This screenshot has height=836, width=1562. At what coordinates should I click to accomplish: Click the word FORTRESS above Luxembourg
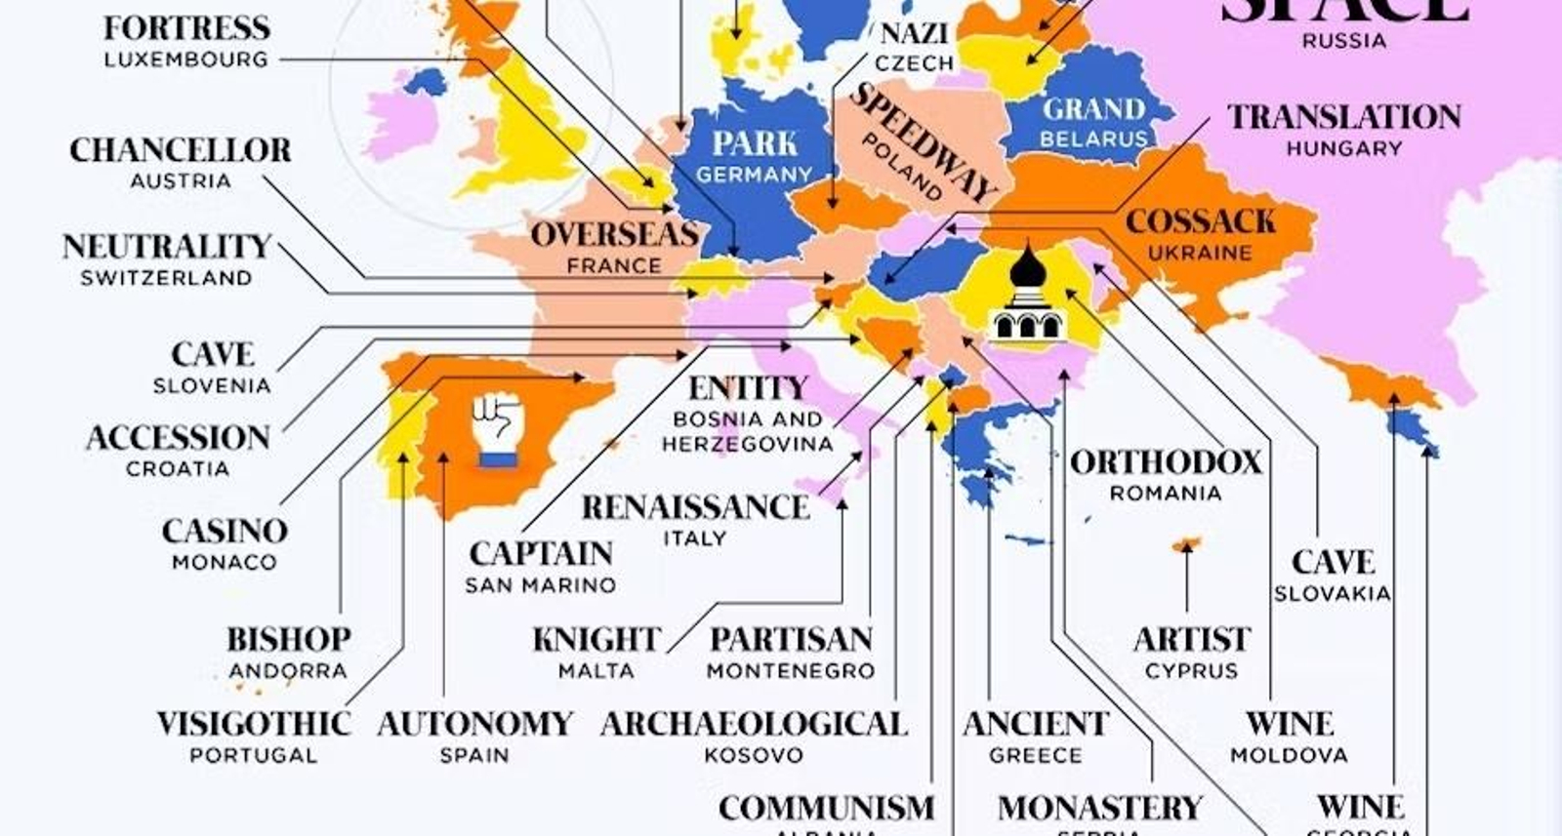click(186, 28)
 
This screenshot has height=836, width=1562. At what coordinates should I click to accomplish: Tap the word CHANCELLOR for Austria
click(181, 150)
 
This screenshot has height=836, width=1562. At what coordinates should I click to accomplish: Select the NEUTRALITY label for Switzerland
click(167, 246)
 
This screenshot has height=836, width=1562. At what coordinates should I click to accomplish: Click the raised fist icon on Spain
click(497, 429)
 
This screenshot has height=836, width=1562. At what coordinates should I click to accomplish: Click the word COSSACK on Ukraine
click(1200, 221)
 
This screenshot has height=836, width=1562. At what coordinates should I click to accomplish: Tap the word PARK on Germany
click(755, 143)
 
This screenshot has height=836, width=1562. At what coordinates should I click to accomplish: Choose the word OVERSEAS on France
click(614, 234)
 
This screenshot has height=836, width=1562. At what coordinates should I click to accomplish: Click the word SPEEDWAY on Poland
click(924, 141)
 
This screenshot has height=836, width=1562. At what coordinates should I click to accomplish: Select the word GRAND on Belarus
click(1092, 108)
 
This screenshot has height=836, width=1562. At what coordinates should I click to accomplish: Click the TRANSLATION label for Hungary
click(1344, 117)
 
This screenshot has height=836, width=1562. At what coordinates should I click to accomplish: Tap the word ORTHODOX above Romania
click(1166, 461)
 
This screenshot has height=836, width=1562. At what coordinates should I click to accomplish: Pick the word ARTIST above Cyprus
click(1191, 640)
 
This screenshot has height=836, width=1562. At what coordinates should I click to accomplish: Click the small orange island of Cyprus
click(1187, 543)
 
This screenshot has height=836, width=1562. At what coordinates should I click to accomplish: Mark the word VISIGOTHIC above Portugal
click(254, 724)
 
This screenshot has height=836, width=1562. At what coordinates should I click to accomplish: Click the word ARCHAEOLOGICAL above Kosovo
click(754, 724)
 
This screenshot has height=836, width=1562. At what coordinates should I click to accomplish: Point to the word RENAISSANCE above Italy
click(695, 507)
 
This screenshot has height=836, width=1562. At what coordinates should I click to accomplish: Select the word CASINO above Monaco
click(225, 531)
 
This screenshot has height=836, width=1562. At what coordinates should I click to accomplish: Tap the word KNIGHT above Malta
click(596, 640)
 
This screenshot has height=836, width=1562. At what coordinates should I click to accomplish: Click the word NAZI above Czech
click(914, 33)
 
